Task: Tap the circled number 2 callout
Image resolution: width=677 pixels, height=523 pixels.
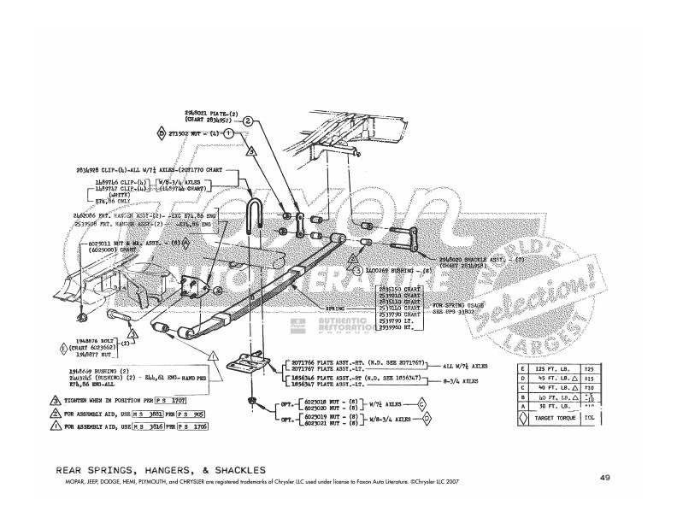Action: coord(248,122)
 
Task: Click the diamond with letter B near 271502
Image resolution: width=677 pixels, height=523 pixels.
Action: coord(161,134)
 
